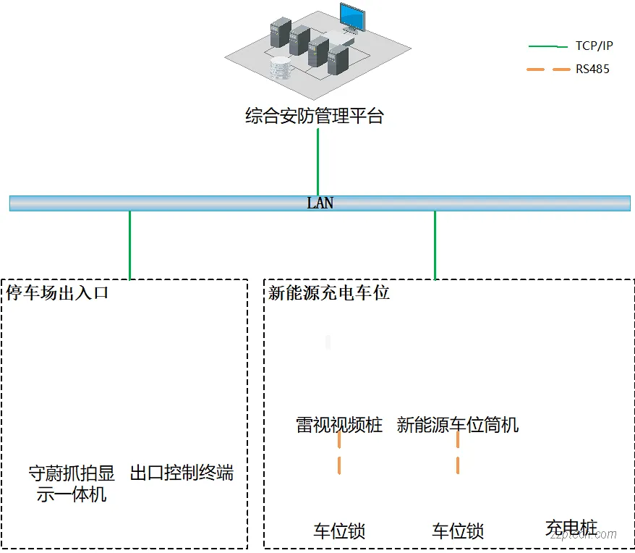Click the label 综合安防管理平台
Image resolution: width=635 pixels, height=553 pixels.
click(315, 117)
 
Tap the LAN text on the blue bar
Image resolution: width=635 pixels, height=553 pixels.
click(320, 203)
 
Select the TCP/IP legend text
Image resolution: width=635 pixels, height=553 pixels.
click(594, 46)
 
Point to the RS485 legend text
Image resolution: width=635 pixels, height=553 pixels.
click(592, 70)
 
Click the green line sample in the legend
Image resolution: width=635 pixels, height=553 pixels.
click(547, 46)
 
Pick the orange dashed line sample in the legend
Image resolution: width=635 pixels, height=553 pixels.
click(547, 70)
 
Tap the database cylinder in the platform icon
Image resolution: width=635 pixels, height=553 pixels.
click(278, 69)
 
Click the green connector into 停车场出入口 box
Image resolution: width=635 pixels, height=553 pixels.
click(130, 245)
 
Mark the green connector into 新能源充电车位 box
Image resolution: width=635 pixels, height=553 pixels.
click(435, 245)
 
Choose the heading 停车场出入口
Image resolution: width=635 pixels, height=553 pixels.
click(57, 293)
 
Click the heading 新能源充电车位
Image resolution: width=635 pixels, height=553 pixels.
click(329, 293)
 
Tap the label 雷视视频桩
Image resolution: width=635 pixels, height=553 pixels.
click(339, 425)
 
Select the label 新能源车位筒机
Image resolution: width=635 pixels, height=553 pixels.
click(458, 425)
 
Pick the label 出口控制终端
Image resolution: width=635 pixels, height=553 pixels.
click(182, 474)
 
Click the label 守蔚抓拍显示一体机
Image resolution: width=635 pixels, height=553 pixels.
click(72, 484)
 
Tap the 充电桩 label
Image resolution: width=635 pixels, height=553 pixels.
click(571, 528)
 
